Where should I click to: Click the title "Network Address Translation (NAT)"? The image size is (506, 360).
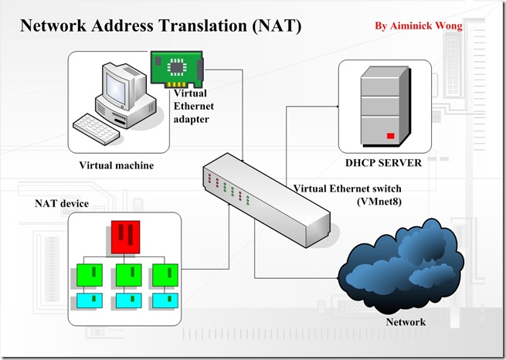161,25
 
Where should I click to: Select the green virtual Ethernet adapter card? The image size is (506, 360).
177,70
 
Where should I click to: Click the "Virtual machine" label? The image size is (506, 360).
116,165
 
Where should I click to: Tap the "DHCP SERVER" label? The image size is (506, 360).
383,163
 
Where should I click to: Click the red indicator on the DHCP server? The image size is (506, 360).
391,137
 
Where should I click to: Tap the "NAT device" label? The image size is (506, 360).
61,203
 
